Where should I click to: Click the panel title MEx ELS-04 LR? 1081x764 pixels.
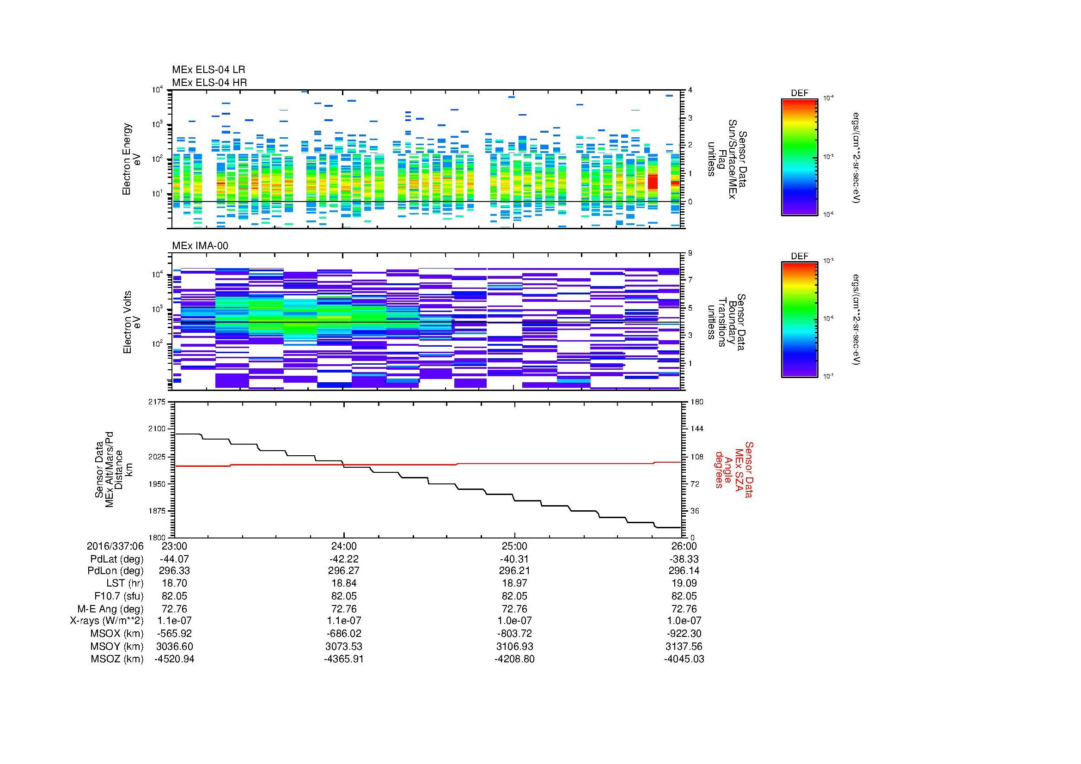click(208, 70)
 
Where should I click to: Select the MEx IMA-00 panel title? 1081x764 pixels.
click(200, 246)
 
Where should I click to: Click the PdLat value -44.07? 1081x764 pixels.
click(174, 559)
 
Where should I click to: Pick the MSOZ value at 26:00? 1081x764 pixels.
click(684, 659)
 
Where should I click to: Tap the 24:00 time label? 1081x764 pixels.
click(344, 546)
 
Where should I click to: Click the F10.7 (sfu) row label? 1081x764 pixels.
click(118, 596)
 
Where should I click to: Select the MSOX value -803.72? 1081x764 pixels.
click(514, 634)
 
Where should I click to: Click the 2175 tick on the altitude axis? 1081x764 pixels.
click(157, 402)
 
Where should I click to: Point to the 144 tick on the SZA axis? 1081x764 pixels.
click(696, 429)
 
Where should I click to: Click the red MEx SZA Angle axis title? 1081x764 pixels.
click(734, 469)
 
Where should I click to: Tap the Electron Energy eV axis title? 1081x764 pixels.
click(131, 159)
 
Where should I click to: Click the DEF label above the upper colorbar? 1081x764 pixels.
click(799, 93)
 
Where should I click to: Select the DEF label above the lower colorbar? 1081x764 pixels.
click(799, 256)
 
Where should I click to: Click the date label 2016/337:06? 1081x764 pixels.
click(115, 546)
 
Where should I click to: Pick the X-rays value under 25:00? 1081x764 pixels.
click(514, 621)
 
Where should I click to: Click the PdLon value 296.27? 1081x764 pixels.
click(344, 570)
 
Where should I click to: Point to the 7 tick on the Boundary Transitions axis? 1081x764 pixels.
click(690, 280)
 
